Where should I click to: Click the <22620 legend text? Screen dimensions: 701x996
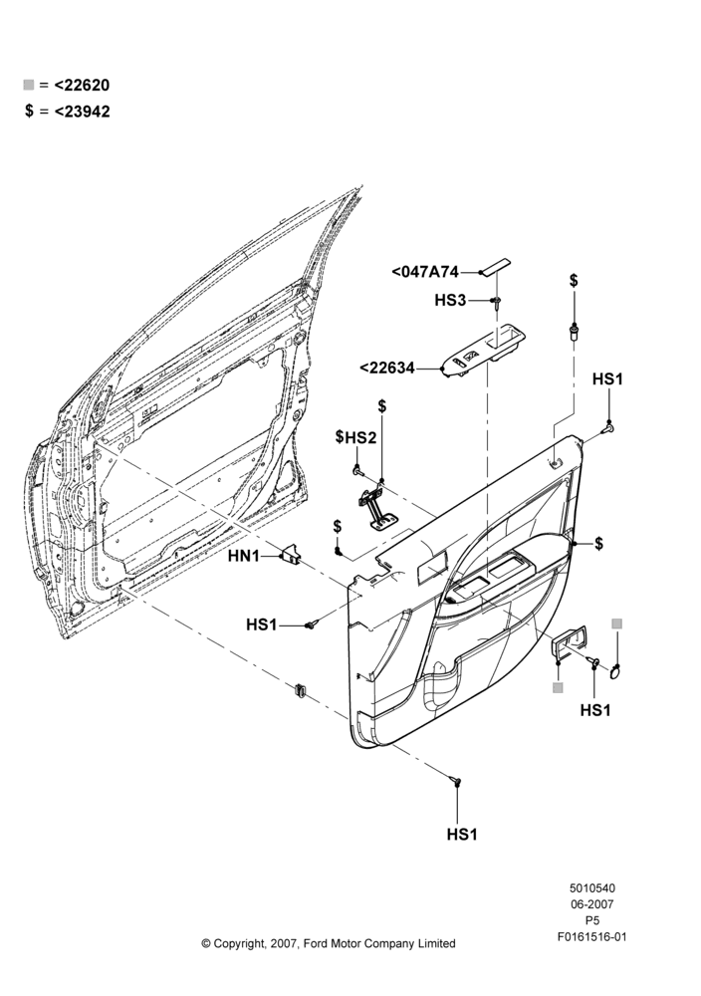(x=82, y=85)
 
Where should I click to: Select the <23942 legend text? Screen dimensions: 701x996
(x=82, y=112)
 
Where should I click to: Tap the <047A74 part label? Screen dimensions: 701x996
(x=425, y=272)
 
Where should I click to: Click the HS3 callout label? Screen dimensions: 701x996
(x=450, y=300)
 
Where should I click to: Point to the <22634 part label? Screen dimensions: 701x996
(x=386, y=368)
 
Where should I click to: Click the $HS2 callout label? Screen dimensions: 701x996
(x=355, y=437)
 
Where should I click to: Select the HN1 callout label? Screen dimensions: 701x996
(x=244, y=557)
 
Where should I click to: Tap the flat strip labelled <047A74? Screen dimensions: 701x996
(x=496, y=267)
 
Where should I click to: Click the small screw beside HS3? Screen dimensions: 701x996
(x=497, y=302)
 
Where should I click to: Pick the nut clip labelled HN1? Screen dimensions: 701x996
(x=292, y=554)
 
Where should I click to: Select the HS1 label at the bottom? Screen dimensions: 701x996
(x=462, y=834)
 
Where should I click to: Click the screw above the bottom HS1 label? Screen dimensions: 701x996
(x=456, y=780)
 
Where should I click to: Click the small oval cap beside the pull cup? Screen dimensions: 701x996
(x=616, y=670)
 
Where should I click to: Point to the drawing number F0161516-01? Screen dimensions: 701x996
(x=591, y=936)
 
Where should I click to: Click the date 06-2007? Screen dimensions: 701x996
(x=591, y=904)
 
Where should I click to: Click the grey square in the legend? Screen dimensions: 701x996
(x=29, y=85)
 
